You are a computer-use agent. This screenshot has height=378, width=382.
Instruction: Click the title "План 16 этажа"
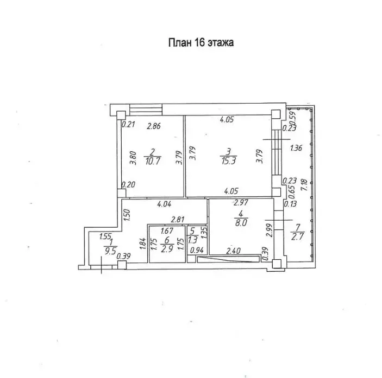pyautogui.click(x=201, y=42)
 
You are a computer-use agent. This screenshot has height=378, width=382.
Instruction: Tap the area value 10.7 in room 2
pyautogui.click(x=153, y=161)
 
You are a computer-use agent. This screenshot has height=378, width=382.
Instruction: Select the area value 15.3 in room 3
pyautogui.click(x=229, y=161)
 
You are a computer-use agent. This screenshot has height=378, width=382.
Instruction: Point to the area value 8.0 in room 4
pyautogui.click(x=241, y=222)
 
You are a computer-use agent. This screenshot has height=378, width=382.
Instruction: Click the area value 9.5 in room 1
pyautogui.click(x=110, y=251)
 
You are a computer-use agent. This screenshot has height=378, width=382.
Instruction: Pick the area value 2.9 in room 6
pyautogui.click(x=167, y=249)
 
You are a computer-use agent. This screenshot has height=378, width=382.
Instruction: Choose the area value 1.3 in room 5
pyautogui.click(x=193, y=240)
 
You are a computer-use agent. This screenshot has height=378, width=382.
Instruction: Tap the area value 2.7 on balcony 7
pyautogui.click(x=297, y=236)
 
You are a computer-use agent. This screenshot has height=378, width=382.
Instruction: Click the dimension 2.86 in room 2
pyautogui.click(x=154, y=126)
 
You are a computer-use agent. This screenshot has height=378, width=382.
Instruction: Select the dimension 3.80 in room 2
pyautogui.click(x=133, y=158)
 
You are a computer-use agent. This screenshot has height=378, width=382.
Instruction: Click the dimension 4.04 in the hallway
pyautogui.click(x=164, y=204)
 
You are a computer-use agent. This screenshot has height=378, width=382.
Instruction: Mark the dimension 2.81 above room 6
pyautogui.click(x=178, y=220)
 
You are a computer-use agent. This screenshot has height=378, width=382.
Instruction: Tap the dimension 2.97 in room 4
pyautogui.click(x=241, y=202)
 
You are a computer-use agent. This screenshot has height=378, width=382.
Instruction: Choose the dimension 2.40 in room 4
pyautogui.click(x=234, y=251)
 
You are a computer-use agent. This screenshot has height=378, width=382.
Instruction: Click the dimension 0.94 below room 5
pyautogui.click(x=197, y=250)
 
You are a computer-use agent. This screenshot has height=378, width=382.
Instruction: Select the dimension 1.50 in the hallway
pyautogui.click(x=127, y=215)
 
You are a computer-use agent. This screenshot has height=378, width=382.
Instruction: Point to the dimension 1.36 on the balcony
pyautogui.click(x=296, y=148)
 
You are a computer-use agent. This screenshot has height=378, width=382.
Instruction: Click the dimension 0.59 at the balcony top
pyautogui.click(x=293, y=117)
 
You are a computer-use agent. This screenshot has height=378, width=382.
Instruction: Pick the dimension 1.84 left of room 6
pyautogui.click(x=143, y=244)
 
